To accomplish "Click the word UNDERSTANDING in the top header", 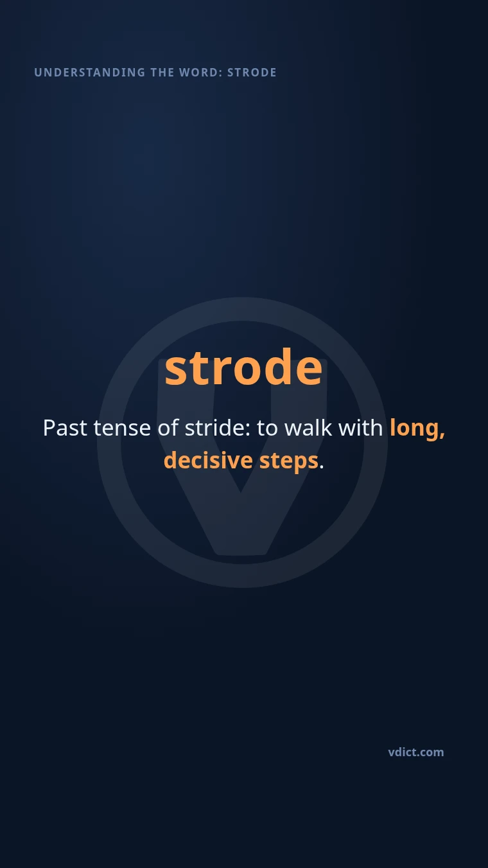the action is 89,73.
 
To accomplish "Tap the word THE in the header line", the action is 162,73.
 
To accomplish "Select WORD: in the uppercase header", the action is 200,73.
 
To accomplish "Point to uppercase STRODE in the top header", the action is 252,73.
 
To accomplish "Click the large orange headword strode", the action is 243,367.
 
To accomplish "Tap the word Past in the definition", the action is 65,428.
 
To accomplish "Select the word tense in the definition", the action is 122,429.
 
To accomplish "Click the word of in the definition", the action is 168,428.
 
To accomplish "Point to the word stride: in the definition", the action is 217,428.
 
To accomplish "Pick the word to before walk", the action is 267,429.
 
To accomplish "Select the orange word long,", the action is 417,429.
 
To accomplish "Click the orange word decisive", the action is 209,461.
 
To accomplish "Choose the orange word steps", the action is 289,462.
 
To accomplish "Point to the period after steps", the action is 322,467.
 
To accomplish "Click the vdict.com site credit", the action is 416,752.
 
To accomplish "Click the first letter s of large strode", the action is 177,371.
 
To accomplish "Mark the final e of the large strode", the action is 308,371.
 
